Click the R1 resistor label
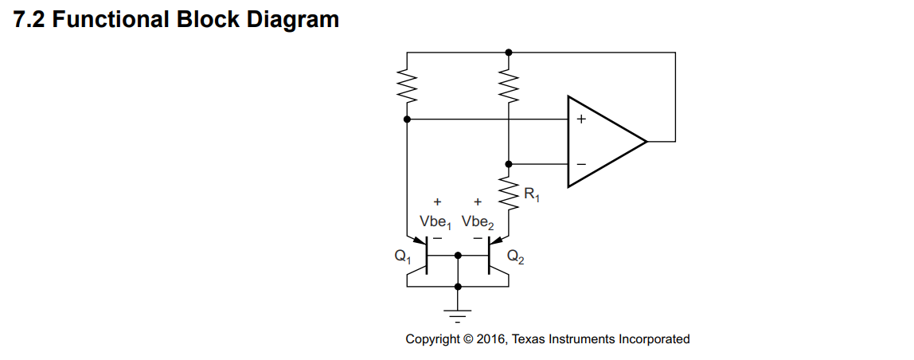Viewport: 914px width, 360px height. (x=532, y=195)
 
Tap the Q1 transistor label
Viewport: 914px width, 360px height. (x=402, y=256)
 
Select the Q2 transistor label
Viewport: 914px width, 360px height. (x=516, y=256)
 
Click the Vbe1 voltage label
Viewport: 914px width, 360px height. (x=436, y=222)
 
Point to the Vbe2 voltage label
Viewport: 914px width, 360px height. (x=478, y=222)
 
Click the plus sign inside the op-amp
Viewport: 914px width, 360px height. (x=581, y=119)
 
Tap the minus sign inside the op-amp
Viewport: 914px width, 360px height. (x=581, y=164)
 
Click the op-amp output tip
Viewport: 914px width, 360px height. (x=646, y=141)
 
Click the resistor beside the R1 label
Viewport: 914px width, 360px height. (x=509, y=194)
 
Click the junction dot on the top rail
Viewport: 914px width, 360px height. (x=509, y=52)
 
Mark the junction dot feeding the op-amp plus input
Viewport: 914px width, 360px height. (x=407, y=119)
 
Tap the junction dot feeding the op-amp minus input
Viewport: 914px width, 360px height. (x=509, y=164)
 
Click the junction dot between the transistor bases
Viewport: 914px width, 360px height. (x=458, y=256)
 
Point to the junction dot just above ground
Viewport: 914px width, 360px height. (x=458, y=287)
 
